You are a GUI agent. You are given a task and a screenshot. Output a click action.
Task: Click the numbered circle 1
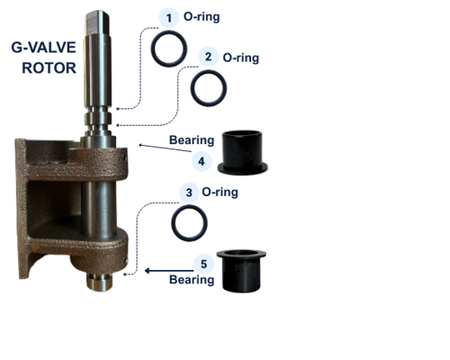pos(166,17)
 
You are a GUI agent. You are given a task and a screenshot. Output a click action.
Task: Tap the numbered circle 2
pos(208,57)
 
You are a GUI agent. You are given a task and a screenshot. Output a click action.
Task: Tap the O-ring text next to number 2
pos(241,57)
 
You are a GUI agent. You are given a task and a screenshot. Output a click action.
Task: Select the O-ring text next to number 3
pos(220,192)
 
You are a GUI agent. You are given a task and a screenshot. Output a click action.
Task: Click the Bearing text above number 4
pos(192,140)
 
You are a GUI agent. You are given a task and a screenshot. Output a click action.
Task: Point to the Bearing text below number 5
pos(193,280)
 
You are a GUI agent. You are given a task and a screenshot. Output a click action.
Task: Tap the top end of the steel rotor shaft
pos(97,14)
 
